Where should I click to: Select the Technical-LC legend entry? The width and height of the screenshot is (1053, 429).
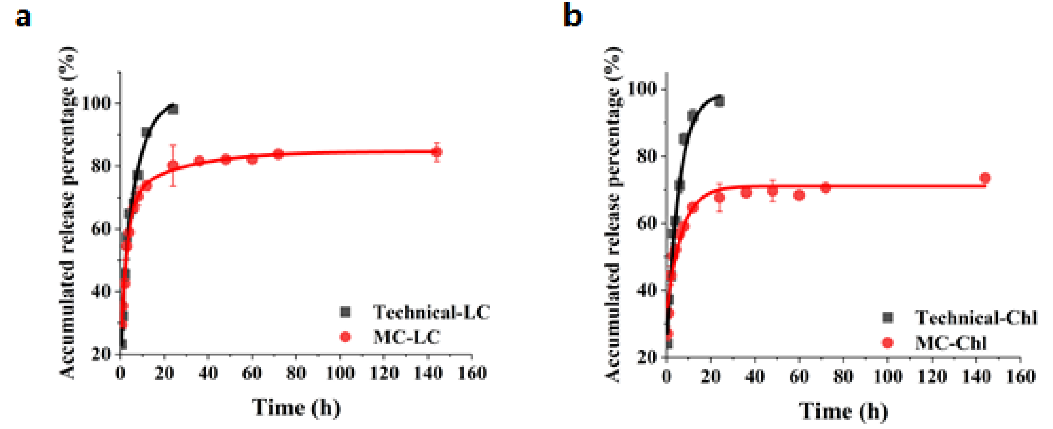(431, 312)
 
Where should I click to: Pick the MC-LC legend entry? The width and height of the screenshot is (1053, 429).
(406, 337)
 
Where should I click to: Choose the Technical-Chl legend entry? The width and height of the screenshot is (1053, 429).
(975, 318)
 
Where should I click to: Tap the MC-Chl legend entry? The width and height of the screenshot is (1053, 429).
(951, 342)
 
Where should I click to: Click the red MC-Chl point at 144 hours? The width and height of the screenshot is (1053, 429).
(985, 178)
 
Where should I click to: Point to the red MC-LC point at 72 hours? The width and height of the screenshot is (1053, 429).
(279, 154)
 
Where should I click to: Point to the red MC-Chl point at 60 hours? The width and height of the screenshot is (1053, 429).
(799, 195)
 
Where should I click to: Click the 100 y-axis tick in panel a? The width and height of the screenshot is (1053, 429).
(96, 103)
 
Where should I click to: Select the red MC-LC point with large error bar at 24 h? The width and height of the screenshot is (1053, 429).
(173, 165)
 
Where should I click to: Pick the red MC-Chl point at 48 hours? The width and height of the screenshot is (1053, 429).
(772, 191)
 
